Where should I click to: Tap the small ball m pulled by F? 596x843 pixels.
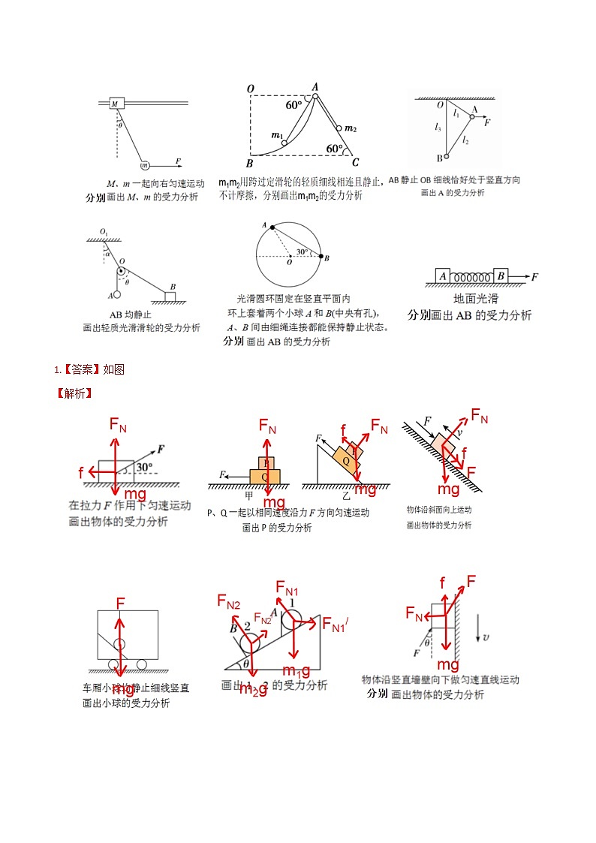144,164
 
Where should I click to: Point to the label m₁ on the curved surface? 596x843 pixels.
276,136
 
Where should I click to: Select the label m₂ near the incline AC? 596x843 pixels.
350,129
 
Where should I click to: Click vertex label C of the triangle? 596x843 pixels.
355,162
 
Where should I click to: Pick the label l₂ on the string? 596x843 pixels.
465,140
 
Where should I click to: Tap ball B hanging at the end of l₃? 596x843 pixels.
446,157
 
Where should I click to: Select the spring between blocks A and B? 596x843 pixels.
471,277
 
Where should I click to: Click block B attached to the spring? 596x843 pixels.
501,276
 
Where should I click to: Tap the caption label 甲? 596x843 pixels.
249,495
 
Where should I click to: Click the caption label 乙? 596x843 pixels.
346,496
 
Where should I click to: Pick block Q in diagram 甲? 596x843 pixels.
264,476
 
